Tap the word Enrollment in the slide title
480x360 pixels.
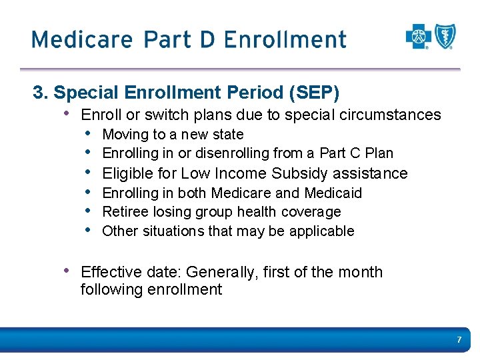(x=285, y=39)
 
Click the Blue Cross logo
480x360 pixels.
(x=418, y=37)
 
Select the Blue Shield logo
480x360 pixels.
(x=445, y=37)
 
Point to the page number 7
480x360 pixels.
(x=459, y=340)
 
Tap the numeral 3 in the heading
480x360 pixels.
(x=38, y=91)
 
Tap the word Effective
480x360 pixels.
(x=106, y=272)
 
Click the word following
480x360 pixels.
(x=107, y=289)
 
